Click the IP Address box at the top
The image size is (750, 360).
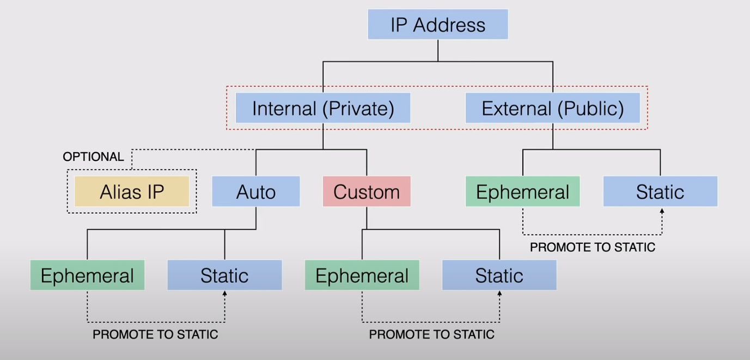point(438,25)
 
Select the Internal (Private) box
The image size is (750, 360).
point(322,108)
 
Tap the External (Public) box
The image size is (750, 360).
point(552,108)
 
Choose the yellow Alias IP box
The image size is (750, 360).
point(132,192)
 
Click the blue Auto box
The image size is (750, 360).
point(255,192)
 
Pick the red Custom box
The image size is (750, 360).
point(367,192)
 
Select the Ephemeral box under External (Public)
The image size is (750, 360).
point(522,192)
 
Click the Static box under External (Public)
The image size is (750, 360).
point(660,192)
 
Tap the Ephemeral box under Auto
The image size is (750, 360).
point(87,276)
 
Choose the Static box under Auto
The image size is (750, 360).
point(224,276)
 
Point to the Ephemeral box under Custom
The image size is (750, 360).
point(362,276)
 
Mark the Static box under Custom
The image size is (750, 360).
point(499,276)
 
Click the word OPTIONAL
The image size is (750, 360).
point(93,157)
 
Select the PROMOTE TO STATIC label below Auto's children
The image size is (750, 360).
point(155,334)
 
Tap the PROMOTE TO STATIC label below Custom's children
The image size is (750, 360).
point(431,334)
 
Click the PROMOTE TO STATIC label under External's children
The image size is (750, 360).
point(593,247)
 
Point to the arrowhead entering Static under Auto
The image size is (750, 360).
point(224,294)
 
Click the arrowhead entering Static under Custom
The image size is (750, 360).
point(499,294)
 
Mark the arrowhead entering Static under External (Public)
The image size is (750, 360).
point(662,210)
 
